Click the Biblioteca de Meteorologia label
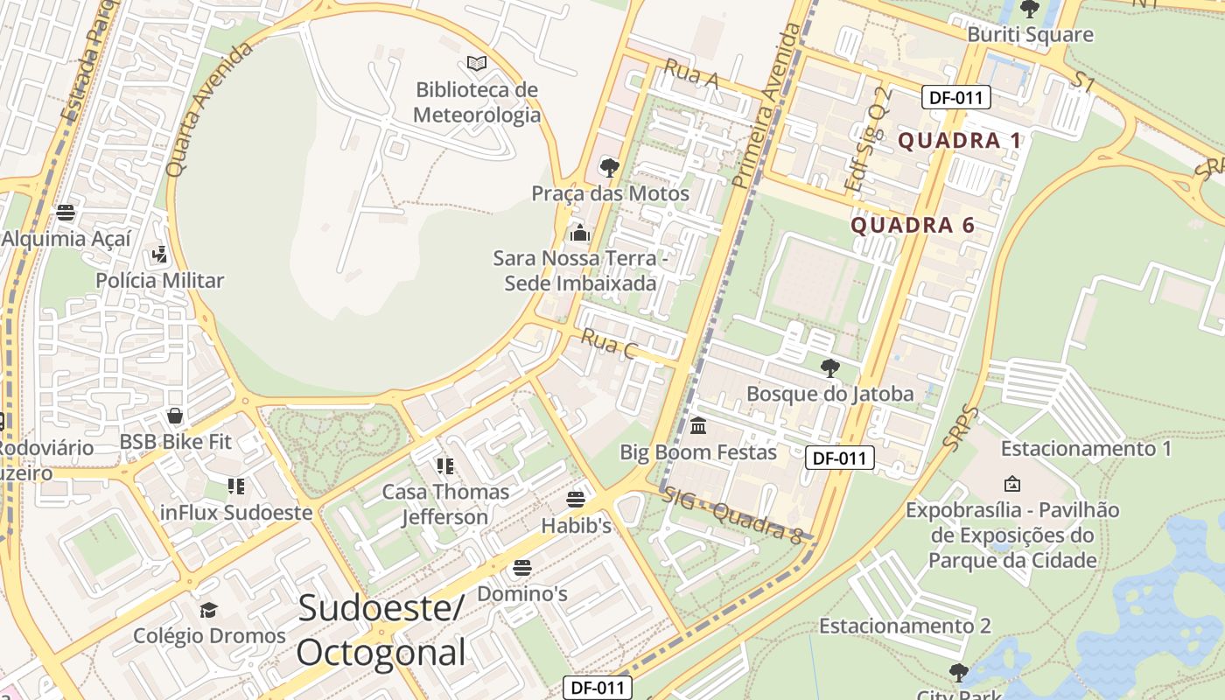(476, 102)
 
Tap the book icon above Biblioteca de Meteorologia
(476, 63)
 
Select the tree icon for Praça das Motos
(609, 167)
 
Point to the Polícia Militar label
(159, 281)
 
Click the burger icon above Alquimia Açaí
(66, 212)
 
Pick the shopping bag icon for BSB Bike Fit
(175, 415)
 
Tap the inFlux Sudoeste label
(236, 513)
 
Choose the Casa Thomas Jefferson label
(445, 504)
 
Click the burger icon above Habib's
(575, 500)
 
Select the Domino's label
(522, 594)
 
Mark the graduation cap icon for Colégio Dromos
(208, 610)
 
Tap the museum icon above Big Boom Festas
(698, 426)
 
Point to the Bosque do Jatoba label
(829, 394)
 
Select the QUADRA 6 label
(913, 226)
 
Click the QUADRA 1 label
(960, 141)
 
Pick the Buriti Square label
(1030, 35)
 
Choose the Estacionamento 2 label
(905, 626)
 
